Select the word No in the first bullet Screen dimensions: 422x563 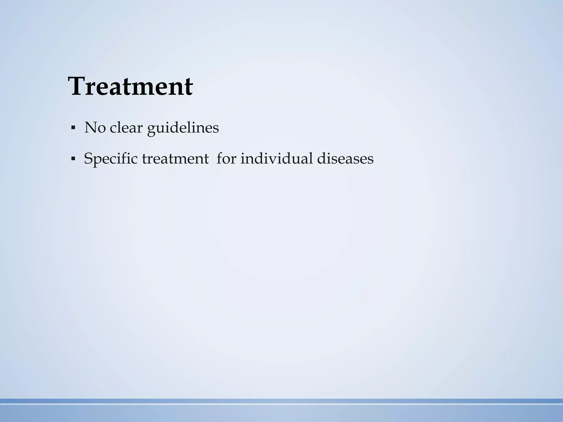pyautogui.click(x=95, y=128)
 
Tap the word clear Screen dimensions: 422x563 pyautogui.click(x=126, y=128)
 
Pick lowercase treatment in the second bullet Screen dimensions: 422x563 pyautogui.click(x=175, y=159)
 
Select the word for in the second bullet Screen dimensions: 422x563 pyautogui.click(x=226, y=159)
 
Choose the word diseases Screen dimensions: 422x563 pyautogui.click(x=345, y=159)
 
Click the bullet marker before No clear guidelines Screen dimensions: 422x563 pyautogui.click(x=73, y=128)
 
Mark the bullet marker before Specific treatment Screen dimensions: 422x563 pyautogui.click(x=73, y=159)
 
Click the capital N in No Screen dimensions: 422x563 pyautogui.click(x=90, y=128)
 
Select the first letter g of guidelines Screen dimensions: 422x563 pyautogui.click(x=151, y=129)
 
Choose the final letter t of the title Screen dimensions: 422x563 pyautogui.click(x=189, y=87)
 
